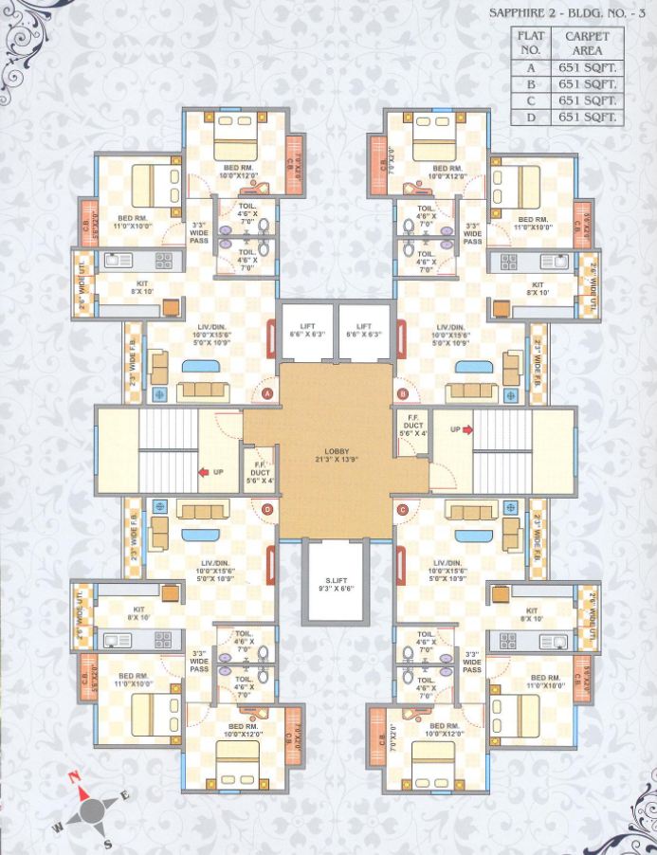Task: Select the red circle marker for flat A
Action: click(267, 392)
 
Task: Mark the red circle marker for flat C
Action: click(403, 510)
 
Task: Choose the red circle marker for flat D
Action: click(267, 510)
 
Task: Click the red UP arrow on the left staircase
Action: click(203, 470)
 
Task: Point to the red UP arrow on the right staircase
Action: click(465, 429)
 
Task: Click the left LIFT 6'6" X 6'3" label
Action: click(306, 330)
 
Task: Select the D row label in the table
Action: click(532, 118)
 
